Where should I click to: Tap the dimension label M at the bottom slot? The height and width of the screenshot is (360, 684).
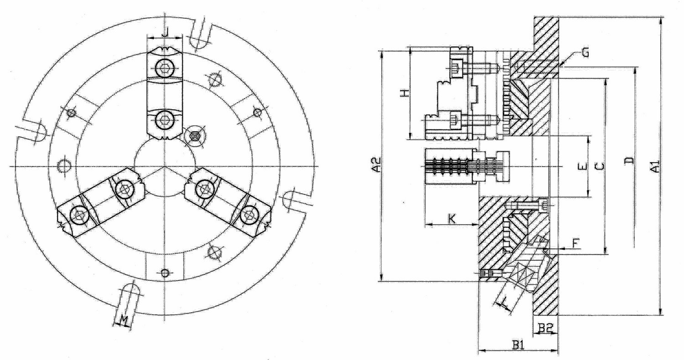click(124, 320)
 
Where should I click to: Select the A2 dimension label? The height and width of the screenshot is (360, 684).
click(378, 165)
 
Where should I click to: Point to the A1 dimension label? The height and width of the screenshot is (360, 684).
click(655, 166)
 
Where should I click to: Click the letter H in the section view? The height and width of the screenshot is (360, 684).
click(404, 93)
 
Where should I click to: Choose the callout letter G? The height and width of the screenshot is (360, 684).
click(585, 53)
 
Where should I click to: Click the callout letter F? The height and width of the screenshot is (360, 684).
click(575, 243)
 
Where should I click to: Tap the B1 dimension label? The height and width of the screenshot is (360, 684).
click(518, 345)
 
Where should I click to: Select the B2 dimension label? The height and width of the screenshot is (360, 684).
click(545, 328)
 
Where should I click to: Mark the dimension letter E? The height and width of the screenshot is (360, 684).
click(583, 167)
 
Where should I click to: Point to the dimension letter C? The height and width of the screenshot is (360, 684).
click(600, 166)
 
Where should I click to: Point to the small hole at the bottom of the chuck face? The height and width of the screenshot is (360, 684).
click(165, 272)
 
